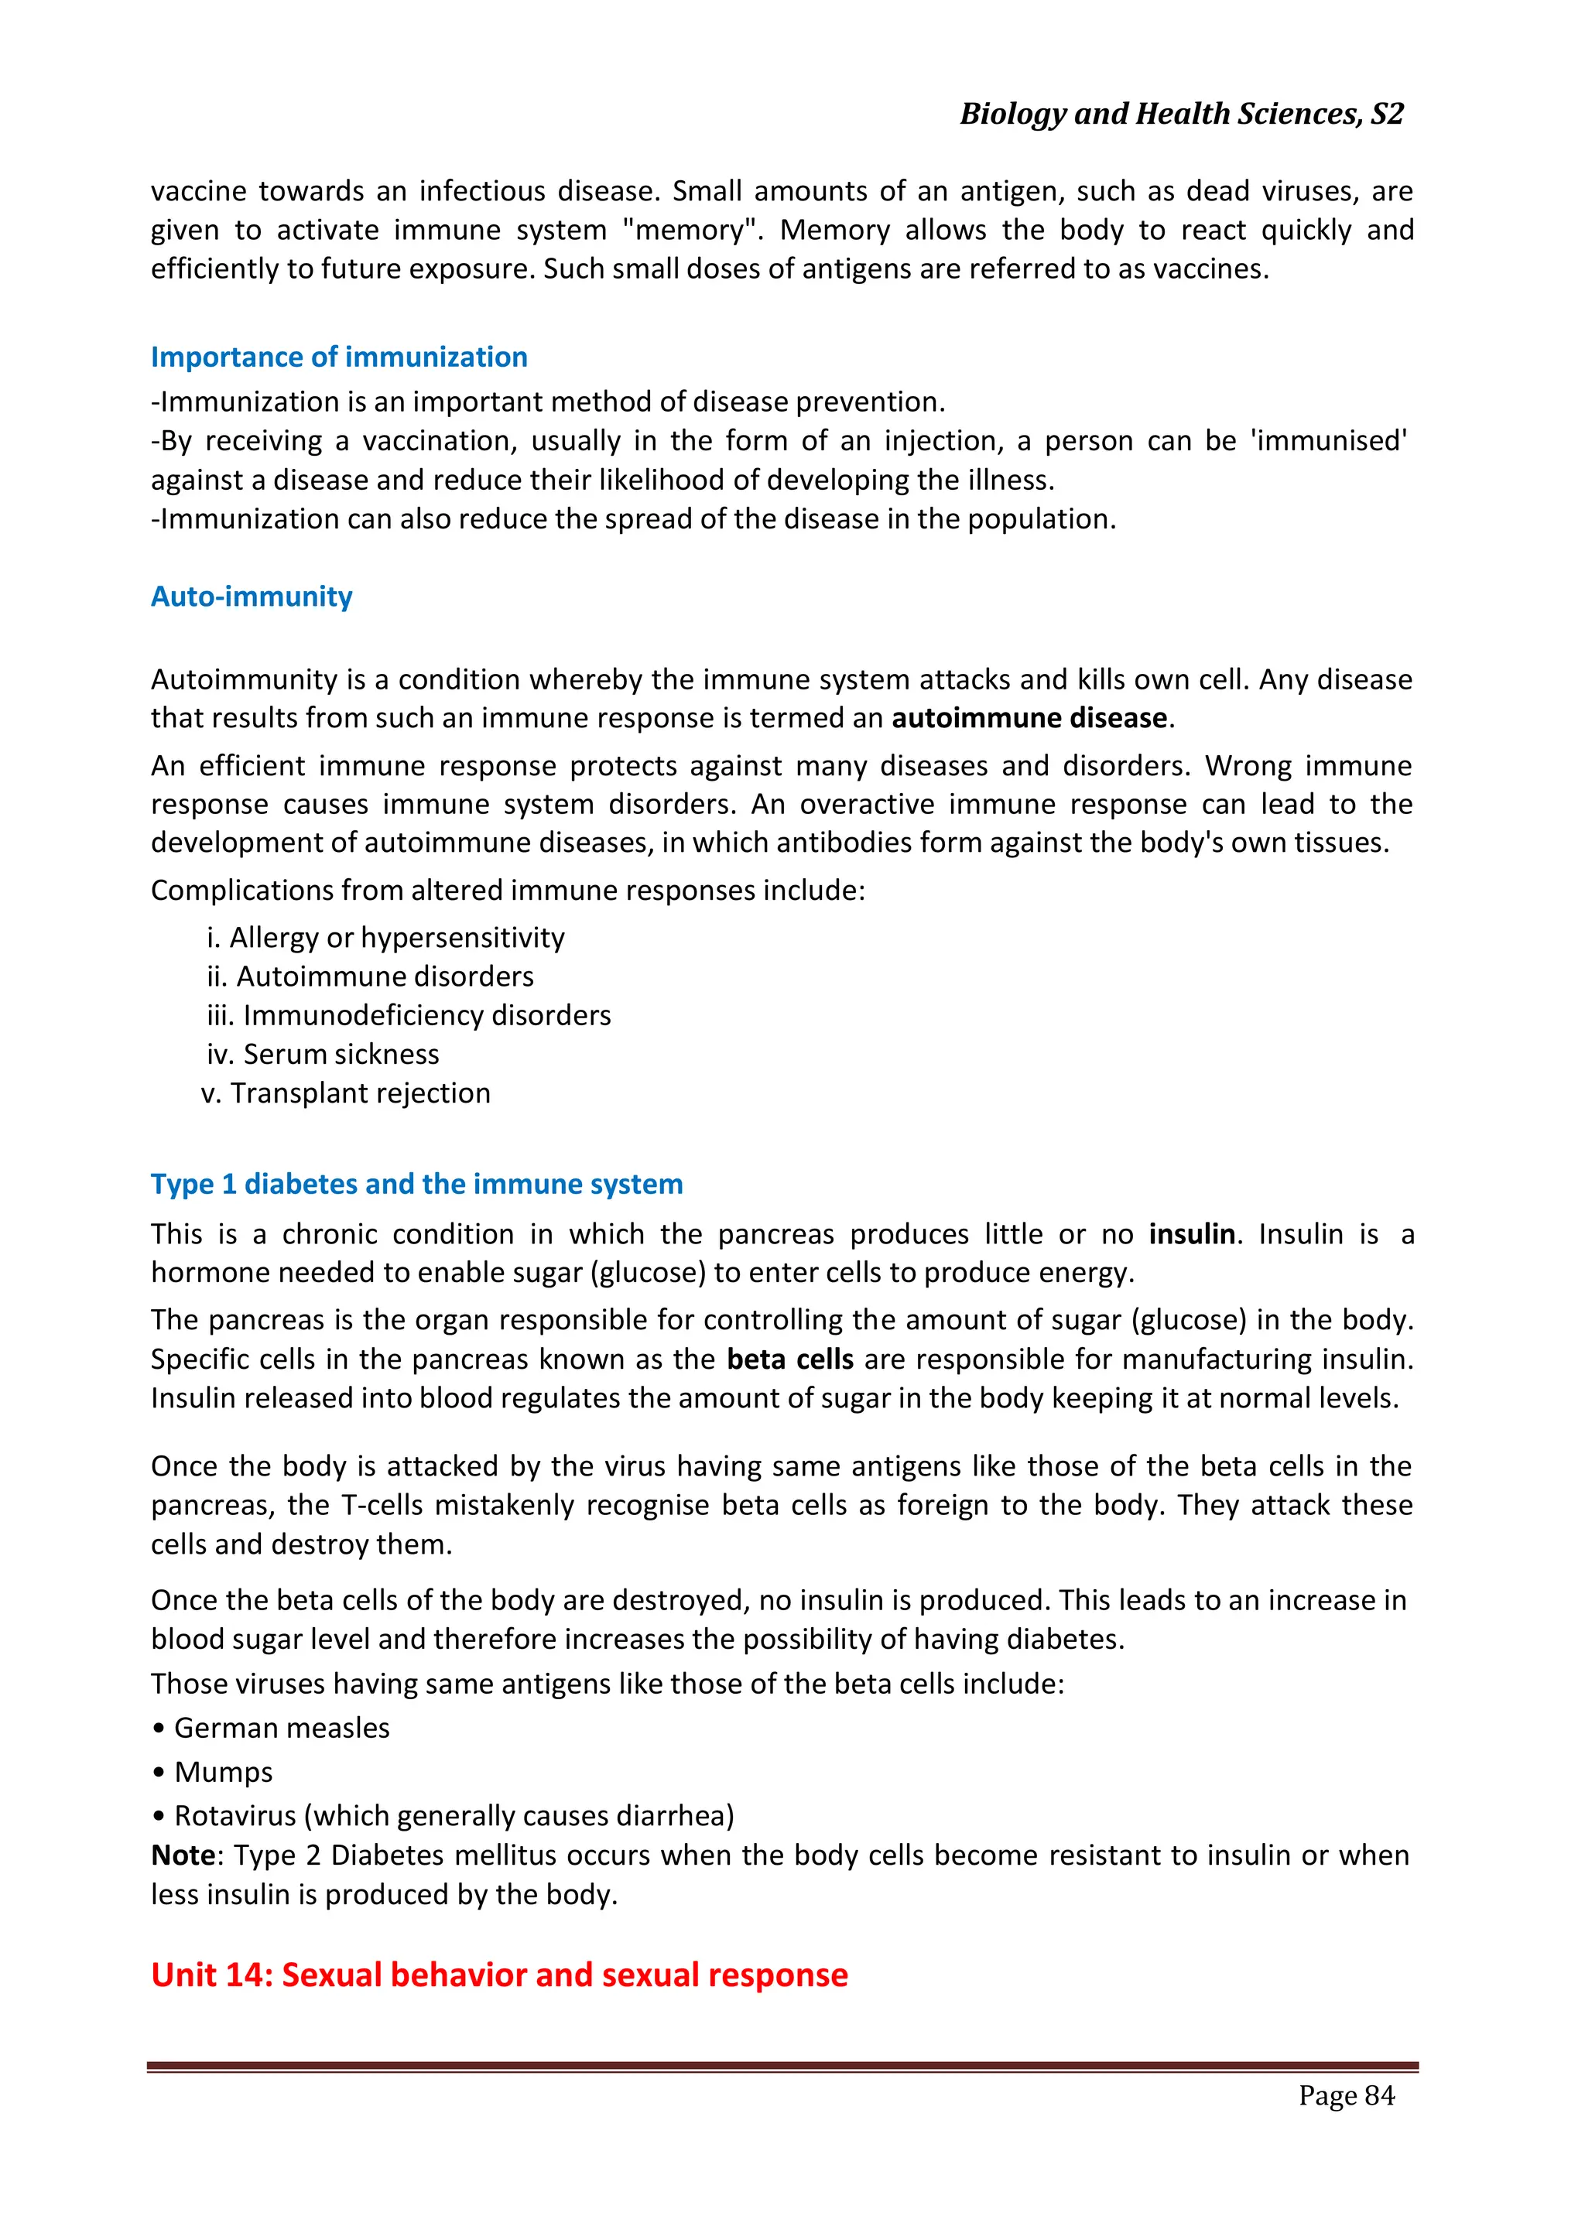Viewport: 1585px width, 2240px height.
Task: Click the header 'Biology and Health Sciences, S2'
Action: [x=1181, y=115]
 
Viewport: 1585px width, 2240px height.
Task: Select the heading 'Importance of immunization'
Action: [x=339, y=357]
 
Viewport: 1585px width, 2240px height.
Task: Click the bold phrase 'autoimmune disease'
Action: [x=1029, y=718]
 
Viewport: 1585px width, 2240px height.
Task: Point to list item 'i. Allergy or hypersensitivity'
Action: [x=385, y=938]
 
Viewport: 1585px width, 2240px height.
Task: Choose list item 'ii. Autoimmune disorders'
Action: [x=370, y=976]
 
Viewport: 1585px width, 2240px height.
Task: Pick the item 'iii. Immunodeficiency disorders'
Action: [x=408, y=1016]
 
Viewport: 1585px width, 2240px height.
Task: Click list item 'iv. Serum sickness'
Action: [x=322, y=1055]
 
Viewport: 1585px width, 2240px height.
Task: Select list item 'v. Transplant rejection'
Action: [x=345, y=1093]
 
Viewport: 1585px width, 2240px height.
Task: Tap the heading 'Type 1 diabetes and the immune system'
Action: [x=416, y=1185]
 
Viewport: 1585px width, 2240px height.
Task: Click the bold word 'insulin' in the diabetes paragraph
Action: [x=1191, y=1234]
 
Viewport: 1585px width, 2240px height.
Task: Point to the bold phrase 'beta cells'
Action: [x=789, y=1359]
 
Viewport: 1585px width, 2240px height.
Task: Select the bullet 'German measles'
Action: [x=281, y=1728]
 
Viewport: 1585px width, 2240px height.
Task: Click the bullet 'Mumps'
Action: [x=223, y=1772]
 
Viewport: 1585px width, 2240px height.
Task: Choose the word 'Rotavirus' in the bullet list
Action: [x=234, y=1816]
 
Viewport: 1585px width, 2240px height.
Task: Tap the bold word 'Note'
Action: [x=183, y=1855]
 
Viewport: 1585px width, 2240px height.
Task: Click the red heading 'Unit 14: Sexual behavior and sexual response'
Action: [x=498, y=1975]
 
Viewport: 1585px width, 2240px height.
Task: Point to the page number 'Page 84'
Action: [x=1346, y=2095]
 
